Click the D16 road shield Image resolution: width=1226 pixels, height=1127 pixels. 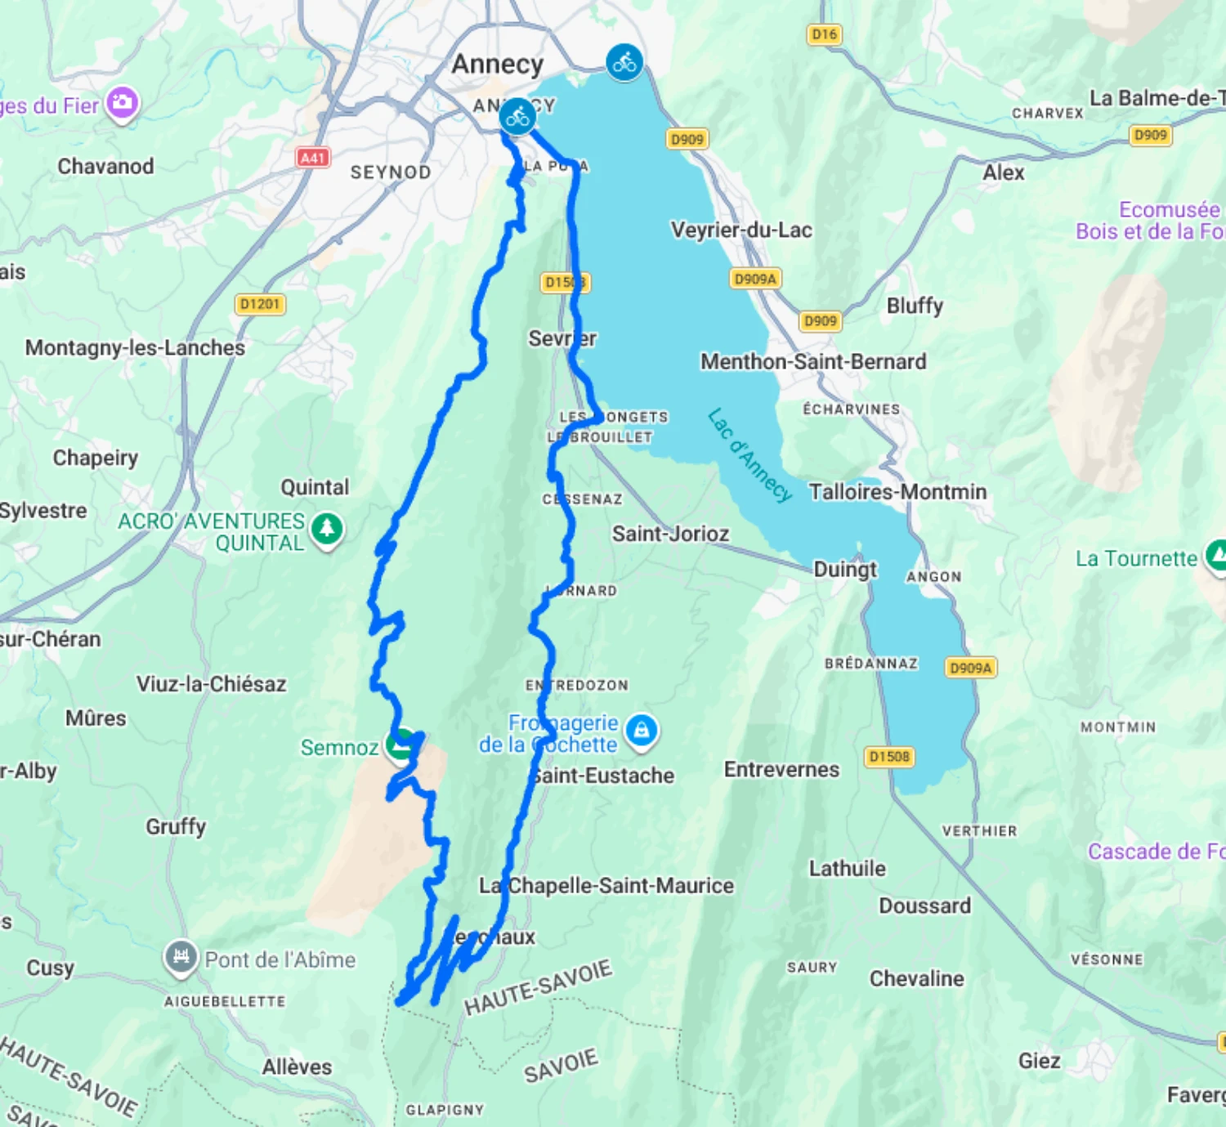click(824, 34)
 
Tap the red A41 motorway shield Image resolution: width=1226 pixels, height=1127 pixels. click(313, 158)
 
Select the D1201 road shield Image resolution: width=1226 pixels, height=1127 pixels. click(260, 304)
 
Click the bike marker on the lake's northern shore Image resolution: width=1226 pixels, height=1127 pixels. click(624, 62)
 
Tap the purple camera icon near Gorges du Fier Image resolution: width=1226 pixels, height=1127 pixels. click(123, 103)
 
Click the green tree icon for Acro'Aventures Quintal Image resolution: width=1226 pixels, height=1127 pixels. click(327, 529)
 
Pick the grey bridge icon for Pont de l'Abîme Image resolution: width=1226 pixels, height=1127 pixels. click(181, 957)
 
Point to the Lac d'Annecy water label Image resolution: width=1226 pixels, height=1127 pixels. click(749, 454)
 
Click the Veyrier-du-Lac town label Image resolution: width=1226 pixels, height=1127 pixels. click(741, 230)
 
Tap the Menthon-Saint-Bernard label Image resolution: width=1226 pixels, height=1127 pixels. click(813, 361)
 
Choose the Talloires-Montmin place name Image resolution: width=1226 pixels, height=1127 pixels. click(897, 492)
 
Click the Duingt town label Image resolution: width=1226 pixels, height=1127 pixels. click(845, 570)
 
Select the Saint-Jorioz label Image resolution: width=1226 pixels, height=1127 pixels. click(670, 534)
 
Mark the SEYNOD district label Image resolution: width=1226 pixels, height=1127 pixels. click(391, 172)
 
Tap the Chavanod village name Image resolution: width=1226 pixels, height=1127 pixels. click(105, 167)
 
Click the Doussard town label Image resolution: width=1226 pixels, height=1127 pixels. click(924, 906)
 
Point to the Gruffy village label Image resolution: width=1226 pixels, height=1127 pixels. click(176, 826)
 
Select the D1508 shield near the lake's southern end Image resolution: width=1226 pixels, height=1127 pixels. click(889, 757)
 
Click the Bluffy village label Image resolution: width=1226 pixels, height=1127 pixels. click(915, 306)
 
